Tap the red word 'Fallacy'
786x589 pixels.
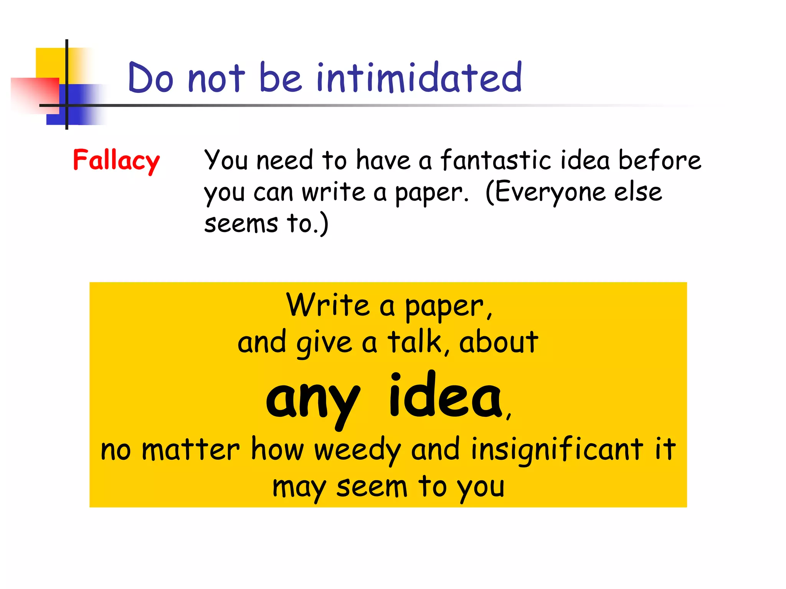(116, 160)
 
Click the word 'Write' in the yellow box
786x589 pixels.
(328, 305)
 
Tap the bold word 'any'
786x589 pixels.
(313, 399)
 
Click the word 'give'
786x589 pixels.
(324, 342)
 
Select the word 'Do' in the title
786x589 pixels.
(150, 78)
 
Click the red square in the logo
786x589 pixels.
(35, 94)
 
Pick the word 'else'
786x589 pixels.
(638, 192)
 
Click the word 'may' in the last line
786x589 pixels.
(299, 488)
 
